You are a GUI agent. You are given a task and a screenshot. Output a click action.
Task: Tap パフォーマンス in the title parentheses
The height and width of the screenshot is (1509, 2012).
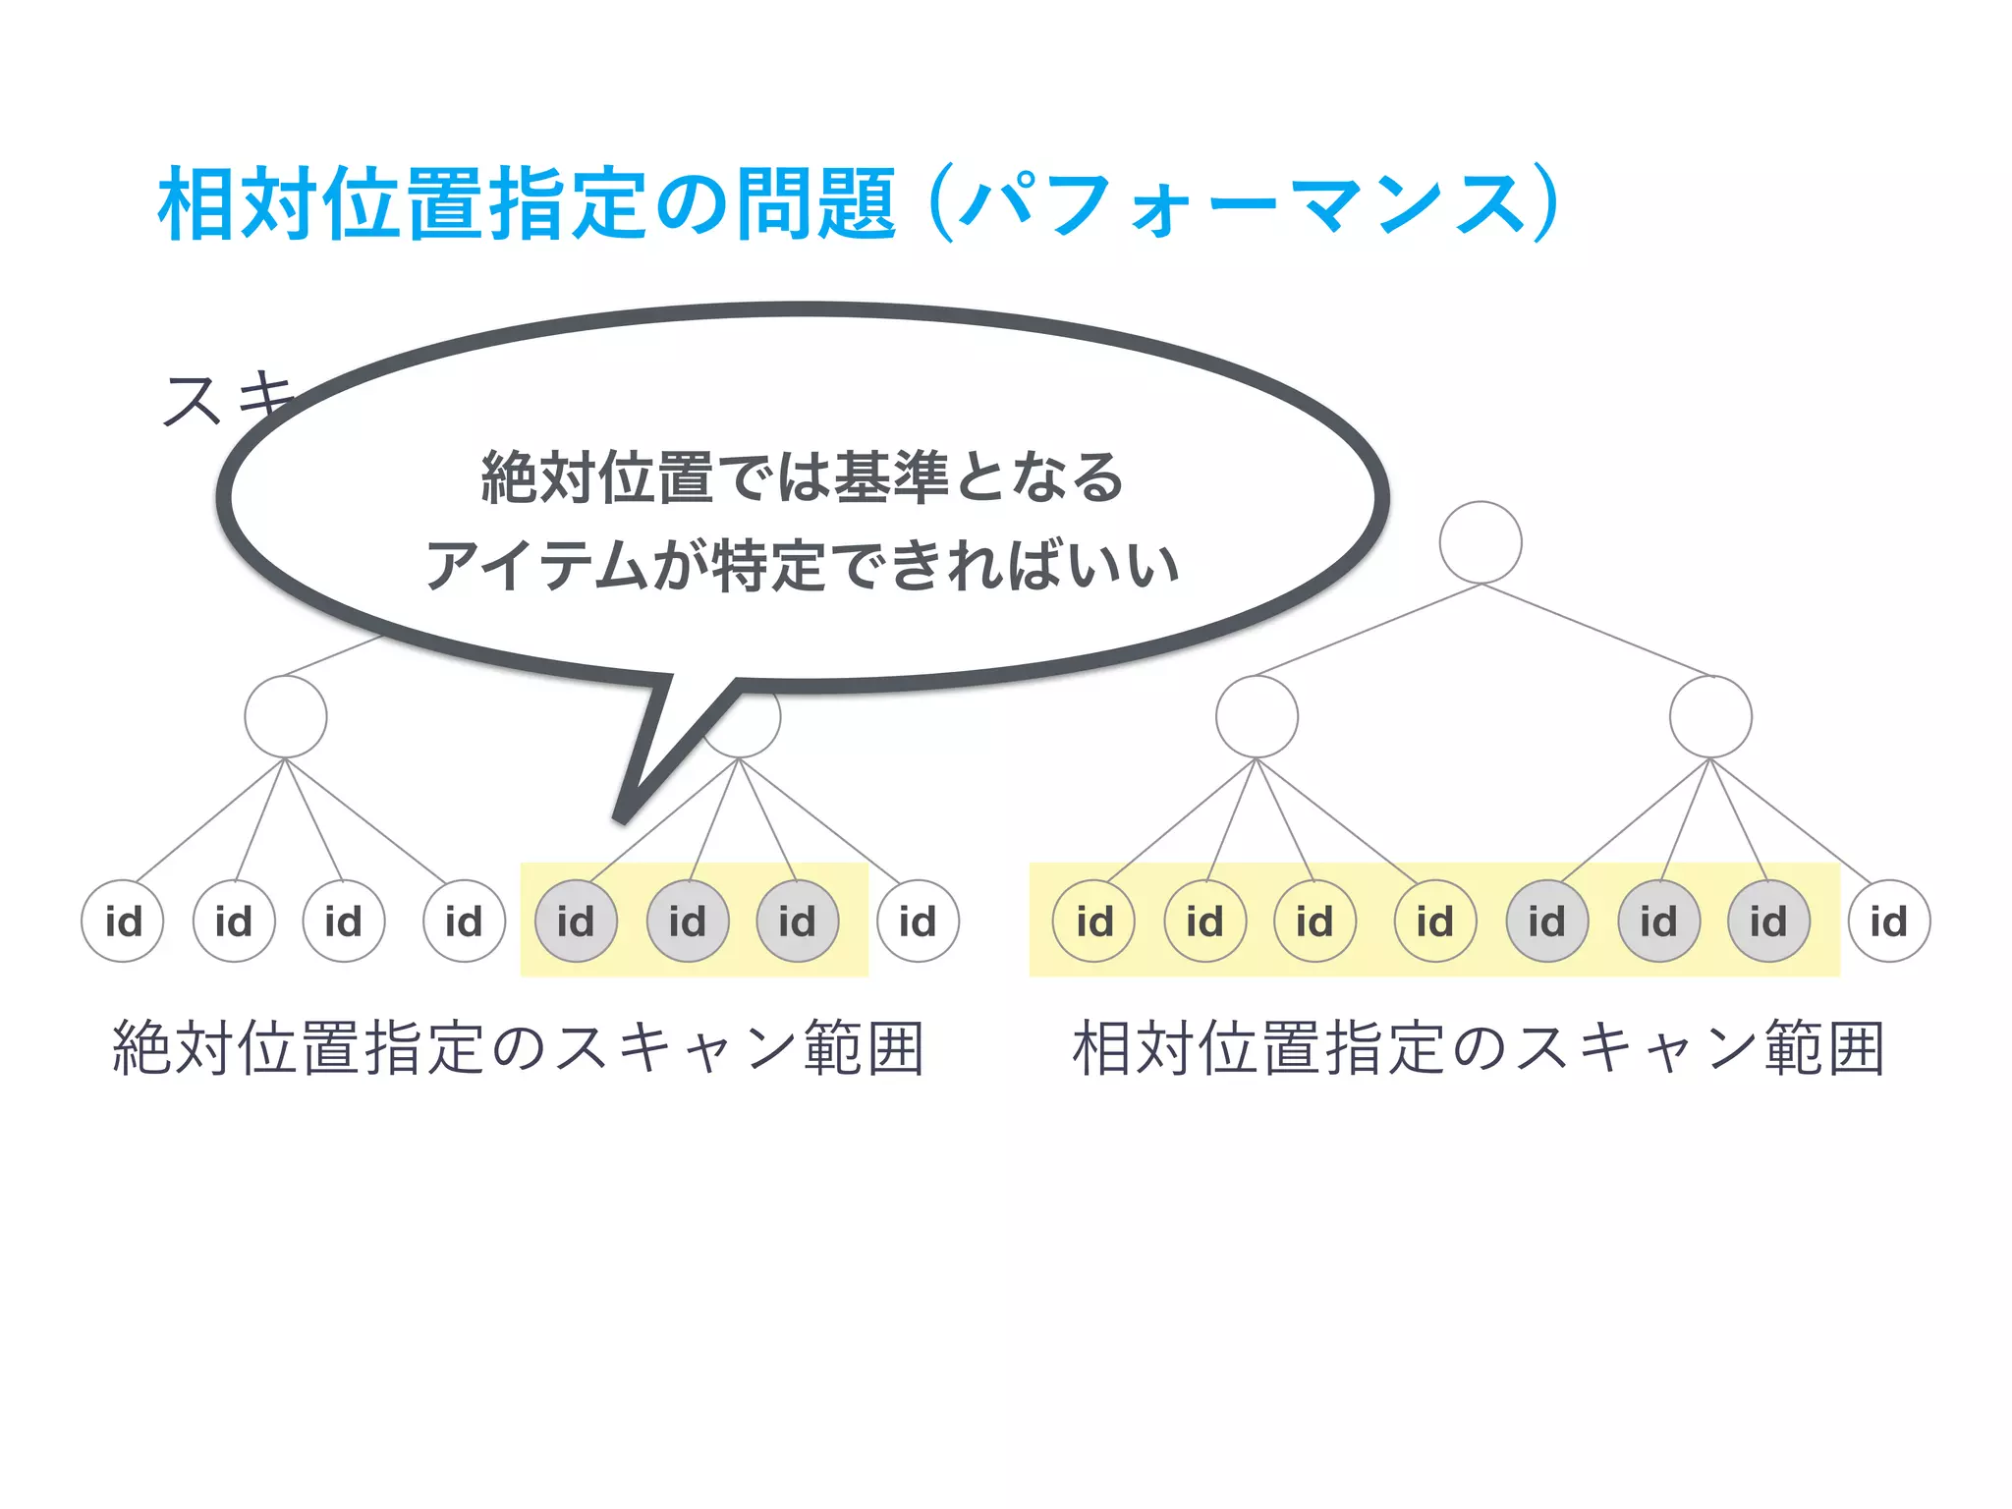tap(1243, 204)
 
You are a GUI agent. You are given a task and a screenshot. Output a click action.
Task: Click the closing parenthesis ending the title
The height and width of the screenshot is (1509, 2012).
tap(1544, 204)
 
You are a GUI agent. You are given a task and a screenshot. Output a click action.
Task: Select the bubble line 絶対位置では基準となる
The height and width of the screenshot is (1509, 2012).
tap(802, 477)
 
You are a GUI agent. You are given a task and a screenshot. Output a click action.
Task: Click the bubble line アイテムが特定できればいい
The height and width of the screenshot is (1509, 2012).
tap(802, 567)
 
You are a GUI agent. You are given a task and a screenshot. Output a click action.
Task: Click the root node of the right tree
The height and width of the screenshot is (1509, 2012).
tap(1480, 542)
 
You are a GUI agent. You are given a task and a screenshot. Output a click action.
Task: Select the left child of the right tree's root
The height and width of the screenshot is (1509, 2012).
tap(1257, 717)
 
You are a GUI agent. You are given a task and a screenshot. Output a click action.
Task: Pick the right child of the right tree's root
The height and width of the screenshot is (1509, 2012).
tap(1710, 717)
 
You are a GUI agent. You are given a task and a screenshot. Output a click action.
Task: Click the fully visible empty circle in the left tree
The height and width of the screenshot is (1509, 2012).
tap(285, 717)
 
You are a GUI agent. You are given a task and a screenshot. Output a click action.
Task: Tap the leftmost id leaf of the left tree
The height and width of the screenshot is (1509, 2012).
tap(123, 922)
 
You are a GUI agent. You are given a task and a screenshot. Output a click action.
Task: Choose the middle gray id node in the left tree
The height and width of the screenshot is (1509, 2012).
tap(687, 922)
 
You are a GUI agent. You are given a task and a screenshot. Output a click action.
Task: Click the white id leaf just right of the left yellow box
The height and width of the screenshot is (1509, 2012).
tap(918, 922)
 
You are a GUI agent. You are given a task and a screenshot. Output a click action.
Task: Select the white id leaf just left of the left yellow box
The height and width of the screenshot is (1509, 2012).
tap(464, 922)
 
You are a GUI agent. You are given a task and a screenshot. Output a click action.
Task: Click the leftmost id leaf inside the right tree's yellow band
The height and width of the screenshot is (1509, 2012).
tap(1093, 922)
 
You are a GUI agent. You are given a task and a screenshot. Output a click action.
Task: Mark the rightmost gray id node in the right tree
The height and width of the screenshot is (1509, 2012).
tap(1768, 922)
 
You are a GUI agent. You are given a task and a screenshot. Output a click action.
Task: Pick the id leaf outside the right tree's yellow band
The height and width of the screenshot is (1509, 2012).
tap(1888, 922)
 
